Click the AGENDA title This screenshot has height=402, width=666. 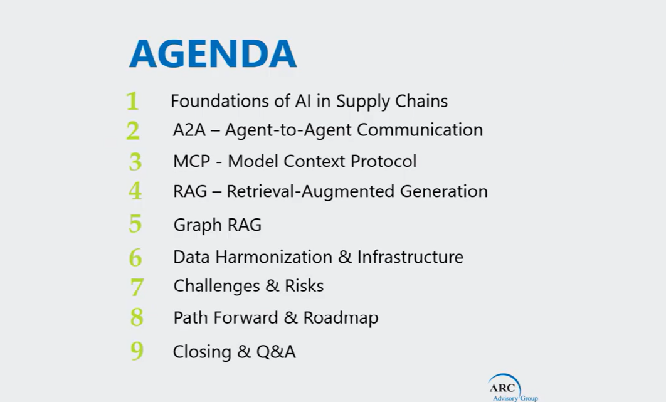(x=213, y=54)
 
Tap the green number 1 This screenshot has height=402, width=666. (x=132, y=101)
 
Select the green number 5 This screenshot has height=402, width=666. (x=135, y=224)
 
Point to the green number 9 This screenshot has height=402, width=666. (x=137, y=351)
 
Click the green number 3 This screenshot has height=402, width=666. (x=135, y=162)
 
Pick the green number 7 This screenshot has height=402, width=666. (x=137, y=287)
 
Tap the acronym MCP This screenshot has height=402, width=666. (x=191, y=161)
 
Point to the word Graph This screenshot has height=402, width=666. (x=196, y=225)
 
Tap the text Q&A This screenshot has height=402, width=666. (x=276, y=352)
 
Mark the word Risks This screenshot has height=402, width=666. (x=304, y=286)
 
